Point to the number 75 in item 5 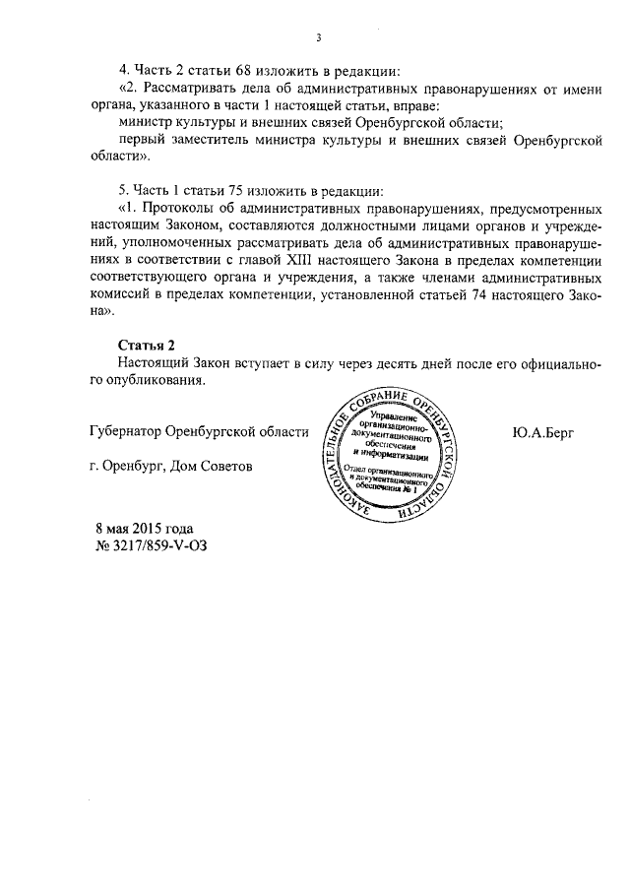pos(238,189)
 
